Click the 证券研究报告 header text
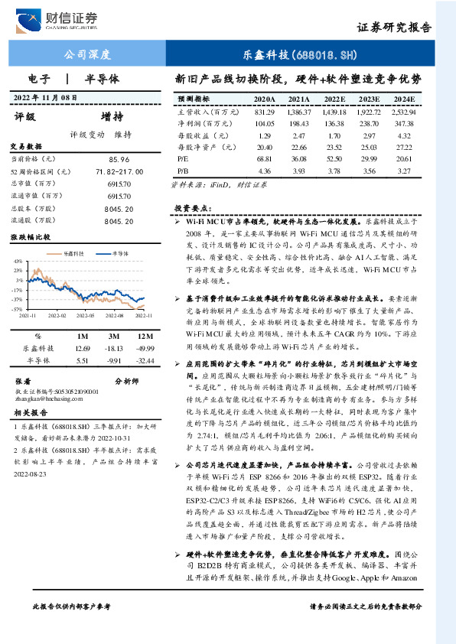[394, 28]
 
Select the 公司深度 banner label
[86, 55]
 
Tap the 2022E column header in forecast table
[334, 99]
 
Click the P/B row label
[183, 170]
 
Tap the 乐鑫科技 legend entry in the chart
[72, 252]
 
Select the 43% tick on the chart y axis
[18, 262]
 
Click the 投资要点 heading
[189, 208]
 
